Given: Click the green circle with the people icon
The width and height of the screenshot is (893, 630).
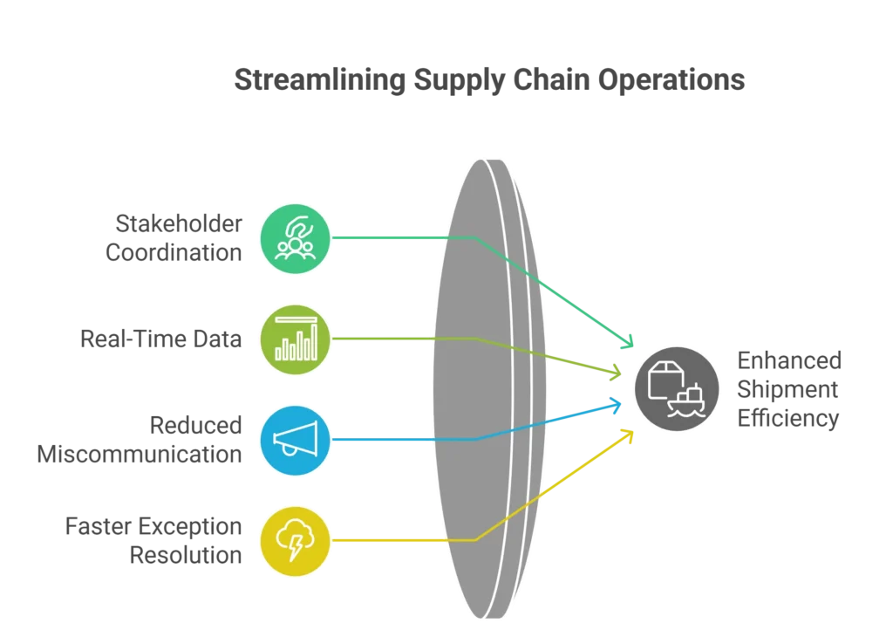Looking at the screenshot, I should [296, 236].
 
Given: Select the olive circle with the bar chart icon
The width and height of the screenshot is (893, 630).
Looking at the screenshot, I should [296, 339].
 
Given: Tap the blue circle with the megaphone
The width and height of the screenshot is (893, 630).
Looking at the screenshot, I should [296, 440].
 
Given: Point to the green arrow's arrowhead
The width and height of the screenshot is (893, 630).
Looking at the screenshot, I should [627, 343].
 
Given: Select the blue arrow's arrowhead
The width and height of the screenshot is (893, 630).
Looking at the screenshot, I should [618, 404].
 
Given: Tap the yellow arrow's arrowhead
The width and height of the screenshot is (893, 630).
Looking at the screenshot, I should [627, 434].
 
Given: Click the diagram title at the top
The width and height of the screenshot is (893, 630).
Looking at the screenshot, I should [488, 79].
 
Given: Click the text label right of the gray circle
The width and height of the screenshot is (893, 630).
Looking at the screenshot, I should [787, 390].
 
